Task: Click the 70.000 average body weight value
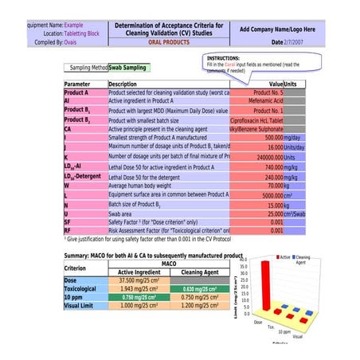click(269, 186)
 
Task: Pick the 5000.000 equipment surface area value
click(267, 194)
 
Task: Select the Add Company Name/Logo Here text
click(277, 29)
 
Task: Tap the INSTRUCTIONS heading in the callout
click(229, 58)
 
